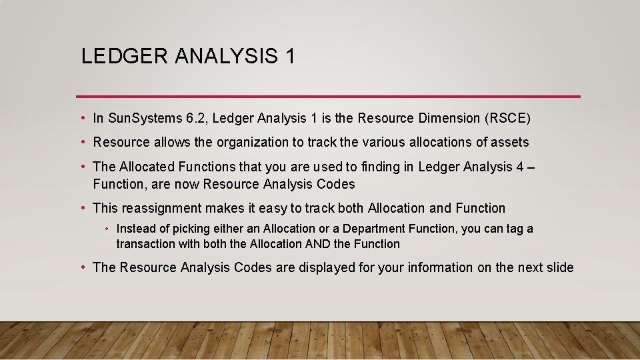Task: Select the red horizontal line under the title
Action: click(x=328, y=96)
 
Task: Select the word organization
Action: click(x=235, y=142)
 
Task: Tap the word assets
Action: click(x=510, y=142)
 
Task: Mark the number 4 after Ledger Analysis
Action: click(x=520, y=166)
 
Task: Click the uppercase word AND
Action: click(x=317, y=244)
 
